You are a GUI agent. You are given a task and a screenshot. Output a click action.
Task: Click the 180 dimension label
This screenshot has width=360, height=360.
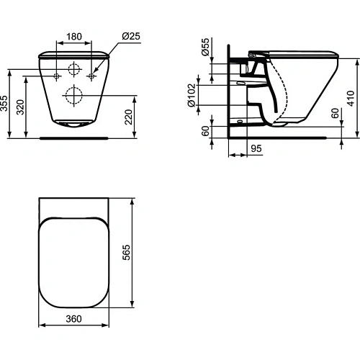click(74, 37)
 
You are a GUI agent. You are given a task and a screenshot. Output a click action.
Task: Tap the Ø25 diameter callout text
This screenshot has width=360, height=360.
click(131, 36)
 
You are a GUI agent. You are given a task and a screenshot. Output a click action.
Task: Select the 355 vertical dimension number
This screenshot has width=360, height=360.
click(4, 104)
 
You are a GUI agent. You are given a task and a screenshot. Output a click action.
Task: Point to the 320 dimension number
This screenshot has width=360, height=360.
click(21, 107)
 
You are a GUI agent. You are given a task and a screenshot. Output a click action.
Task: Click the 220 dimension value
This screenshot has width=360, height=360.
click(129, 117)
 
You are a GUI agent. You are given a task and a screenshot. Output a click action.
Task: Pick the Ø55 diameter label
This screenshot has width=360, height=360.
click(205, 47)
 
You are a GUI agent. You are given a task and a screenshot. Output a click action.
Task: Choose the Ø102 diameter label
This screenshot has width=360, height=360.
click(192, 95)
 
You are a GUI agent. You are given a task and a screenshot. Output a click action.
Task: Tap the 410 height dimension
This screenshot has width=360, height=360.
click(351, 99)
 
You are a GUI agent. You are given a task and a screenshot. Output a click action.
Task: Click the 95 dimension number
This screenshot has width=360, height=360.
click(256, 148)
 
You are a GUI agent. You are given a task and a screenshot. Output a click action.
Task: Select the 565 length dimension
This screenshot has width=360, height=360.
click(126, 252)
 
